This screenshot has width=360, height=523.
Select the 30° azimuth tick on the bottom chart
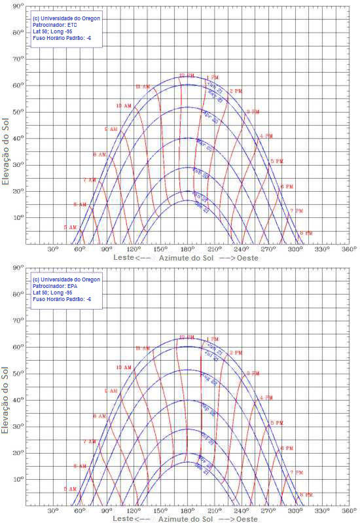pos(53,511)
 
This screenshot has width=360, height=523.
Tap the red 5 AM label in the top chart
pos(69,227)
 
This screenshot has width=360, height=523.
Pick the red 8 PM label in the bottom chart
pos(306,494)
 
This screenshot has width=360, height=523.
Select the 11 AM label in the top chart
pos(142,86)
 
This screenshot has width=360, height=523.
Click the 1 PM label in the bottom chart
pos(213,339)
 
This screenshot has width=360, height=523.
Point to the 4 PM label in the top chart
pos(266,136)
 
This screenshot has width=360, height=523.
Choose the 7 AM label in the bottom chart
pos(89,442)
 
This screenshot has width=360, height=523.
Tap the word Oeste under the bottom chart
pos(247,519)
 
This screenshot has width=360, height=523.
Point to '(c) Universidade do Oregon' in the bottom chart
pos(66,280)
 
